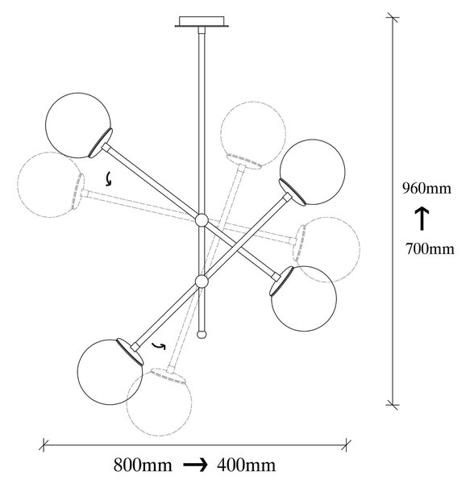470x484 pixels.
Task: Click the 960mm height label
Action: pyautogui.click(x=426, y=188)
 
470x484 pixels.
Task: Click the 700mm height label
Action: pyautogui.click(x=430, y=248)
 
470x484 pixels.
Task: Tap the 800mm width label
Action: pyautogui.click(x=143, y=465)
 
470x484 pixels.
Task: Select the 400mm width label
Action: pyautogui.click(x=246, y=465)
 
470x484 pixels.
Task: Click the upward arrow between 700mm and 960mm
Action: pyautogui.click(x=422, y=219)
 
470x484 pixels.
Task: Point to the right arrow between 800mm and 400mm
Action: pyautogui.click(x=196, y=465)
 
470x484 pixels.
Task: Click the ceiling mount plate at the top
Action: pyautogui.click(x=202, y=22)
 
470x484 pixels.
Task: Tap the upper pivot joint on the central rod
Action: pyautogui.click(x=202, y=220)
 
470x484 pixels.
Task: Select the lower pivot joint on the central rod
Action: pyautogui.click(x=202, y=282)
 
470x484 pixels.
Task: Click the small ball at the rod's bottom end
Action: pyautogui.click(x=202, y=335)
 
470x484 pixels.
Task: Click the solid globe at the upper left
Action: pyautogui.click(x=77, y=125)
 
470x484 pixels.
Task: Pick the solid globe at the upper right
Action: pyautogui.click(x=313, y=172)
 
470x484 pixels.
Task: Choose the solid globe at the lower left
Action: pyautogui.click(x=110, y=372)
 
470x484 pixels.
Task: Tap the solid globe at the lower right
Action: pyautogui.click(x=304, y=298)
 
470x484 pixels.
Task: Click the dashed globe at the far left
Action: pyautogui.click(x=50, y=185)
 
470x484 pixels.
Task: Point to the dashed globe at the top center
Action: pyautogui.click(x=253, y=134)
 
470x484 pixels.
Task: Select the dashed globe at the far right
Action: pyautogui.click(x=327, y=250)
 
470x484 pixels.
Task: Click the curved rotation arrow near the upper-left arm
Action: pyautogui.click(x=108, y=179)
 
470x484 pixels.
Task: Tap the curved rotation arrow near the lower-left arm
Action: pyautogui.click(x=159, y=346)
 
